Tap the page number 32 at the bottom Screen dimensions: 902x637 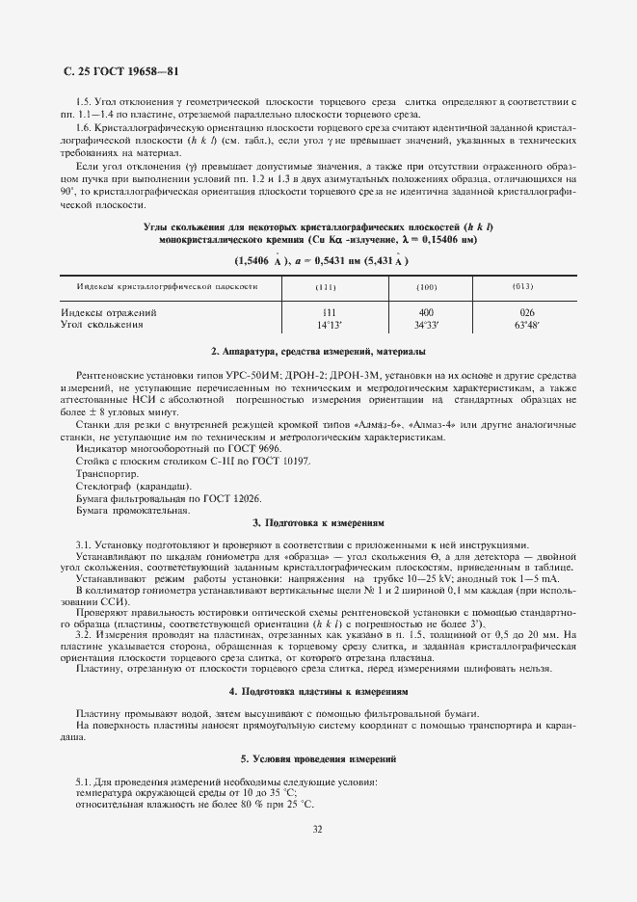click(317, 827)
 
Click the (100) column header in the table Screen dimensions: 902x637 click(399, 288)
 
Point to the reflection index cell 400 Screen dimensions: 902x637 click(399, 312)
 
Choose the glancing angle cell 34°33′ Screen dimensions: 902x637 click(399, 325)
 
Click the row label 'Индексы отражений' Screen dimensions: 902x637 click(109, 312)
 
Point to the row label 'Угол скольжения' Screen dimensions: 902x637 click(102, 325)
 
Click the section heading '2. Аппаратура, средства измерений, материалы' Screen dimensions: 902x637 click(317, 352)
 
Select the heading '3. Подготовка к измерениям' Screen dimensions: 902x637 click(317, 523)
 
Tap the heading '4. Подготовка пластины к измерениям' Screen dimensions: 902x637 click(317, 692)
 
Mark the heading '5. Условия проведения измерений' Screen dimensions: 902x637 click(317, 759)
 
